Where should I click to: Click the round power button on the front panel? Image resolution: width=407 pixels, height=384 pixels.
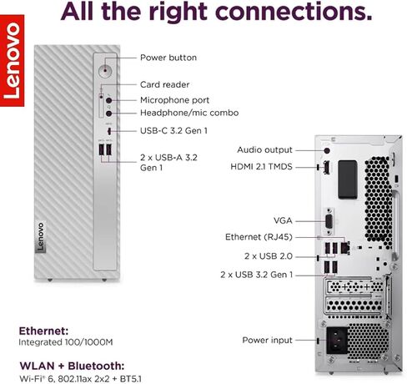point(106,69)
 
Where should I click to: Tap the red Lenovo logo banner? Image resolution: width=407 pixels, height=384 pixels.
point(12,61)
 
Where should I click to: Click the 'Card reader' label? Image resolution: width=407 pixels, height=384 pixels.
point(164,84)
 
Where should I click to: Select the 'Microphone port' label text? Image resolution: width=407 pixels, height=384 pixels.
point(174,100)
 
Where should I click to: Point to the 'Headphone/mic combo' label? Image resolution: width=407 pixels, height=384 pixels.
point(189,113)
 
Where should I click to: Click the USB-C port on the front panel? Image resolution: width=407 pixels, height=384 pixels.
point(109,130)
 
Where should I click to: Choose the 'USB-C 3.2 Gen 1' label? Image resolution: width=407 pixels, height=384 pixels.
point(173,131)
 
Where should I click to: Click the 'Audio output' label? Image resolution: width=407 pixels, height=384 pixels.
point(264,150)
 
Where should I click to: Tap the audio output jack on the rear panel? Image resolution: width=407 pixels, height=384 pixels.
point(327,150)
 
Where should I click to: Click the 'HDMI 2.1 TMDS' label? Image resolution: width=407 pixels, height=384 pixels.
point(261,167)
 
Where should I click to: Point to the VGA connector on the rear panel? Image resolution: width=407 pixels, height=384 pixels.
point(329,221)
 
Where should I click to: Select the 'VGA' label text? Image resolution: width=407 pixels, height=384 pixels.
point(283,221)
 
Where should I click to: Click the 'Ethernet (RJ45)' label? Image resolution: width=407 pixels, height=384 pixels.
point(259,237)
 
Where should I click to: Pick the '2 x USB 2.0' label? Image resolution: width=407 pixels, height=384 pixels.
point(269,256)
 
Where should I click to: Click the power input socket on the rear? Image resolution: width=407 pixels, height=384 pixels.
point(337,341)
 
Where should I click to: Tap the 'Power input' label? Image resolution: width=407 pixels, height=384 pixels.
point(267,341)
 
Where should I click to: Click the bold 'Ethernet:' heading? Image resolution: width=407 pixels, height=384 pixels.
point(43,331)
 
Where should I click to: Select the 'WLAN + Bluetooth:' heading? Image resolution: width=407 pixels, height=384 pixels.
point(72,366)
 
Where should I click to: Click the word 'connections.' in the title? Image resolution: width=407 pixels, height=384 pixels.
point(294,12)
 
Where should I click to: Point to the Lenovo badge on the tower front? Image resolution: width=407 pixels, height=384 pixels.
point(41,237)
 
